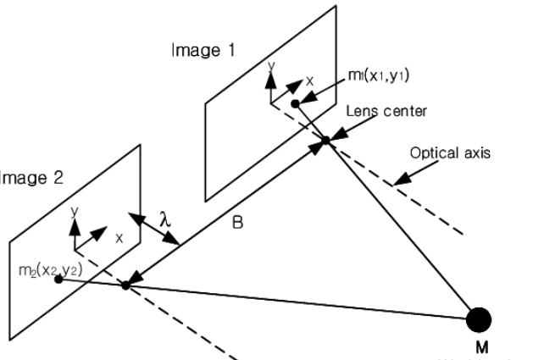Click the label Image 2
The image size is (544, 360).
25,180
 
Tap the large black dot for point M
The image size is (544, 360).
479,320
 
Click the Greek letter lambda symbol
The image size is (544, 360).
166,219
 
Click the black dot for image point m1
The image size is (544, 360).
295,104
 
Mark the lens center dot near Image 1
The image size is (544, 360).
325,140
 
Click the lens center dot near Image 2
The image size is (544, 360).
125,285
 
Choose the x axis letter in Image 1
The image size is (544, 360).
309,82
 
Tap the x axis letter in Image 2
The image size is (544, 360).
119,238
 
